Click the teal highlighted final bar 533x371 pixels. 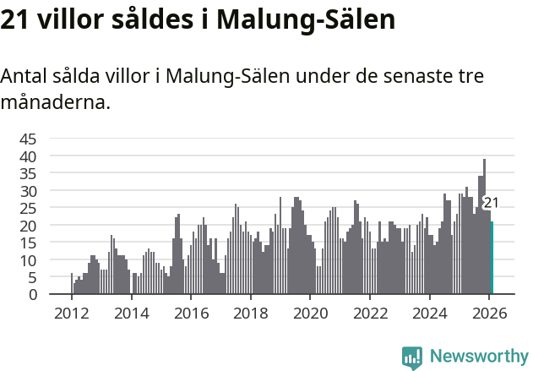[492, 258]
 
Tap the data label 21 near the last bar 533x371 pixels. [491, 203]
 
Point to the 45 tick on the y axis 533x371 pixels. [28, 139]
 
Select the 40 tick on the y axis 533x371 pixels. [28, 156]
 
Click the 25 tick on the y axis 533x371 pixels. [28, 208]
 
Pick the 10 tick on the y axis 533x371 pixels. [28, 260]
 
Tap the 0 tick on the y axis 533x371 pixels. [32, 295]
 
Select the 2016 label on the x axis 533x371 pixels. [190, 313]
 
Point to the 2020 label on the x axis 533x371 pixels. [309, 313]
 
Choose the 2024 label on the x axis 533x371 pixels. [429, 313]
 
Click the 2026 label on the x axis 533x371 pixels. [488, 313]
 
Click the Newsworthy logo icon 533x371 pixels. [412, 357]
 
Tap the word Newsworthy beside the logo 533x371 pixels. [478, 357]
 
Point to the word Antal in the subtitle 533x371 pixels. [24, 76]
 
